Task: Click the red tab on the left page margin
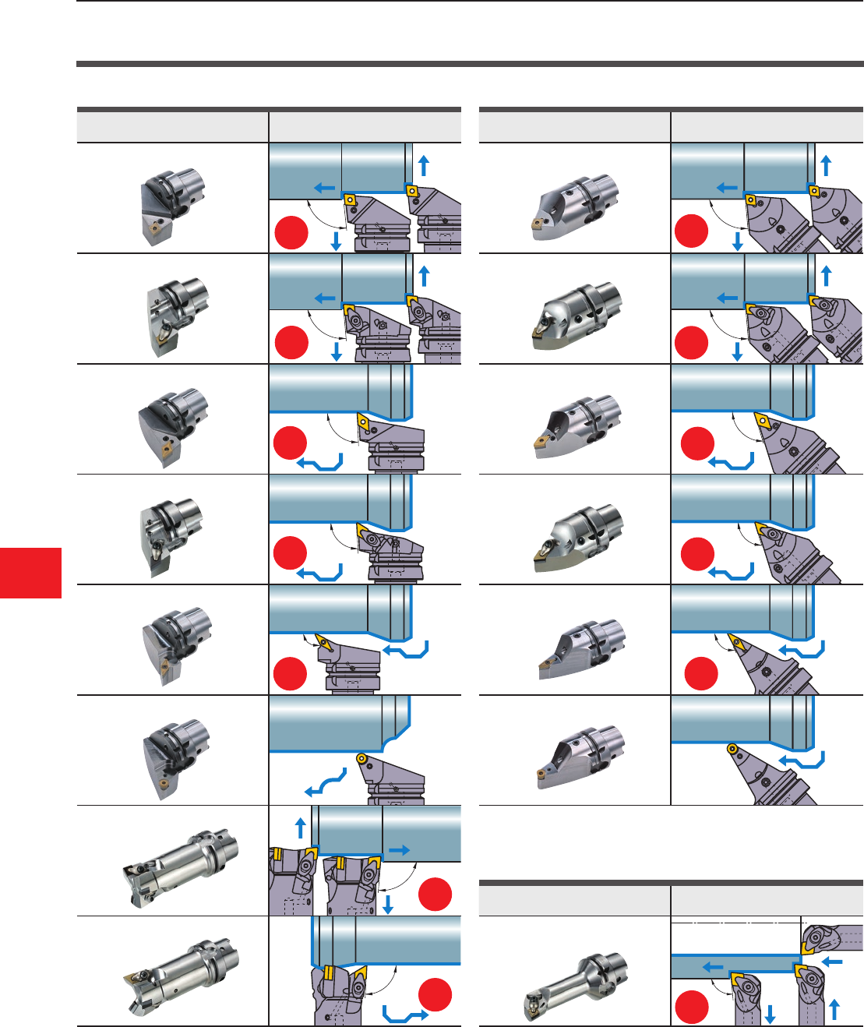[30, 573]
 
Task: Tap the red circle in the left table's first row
[291, 233]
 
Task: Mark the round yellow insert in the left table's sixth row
[361, 757]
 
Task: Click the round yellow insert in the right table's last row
[732, 749]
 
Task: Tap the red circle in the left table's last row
[435, 994]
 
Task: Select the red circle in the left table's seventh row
[435, 894]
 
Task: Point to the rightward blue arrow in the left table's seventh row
[400, 851]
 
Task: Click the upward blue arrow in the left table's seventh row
[301, 827]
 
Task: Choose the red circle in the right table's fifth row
[700, 673]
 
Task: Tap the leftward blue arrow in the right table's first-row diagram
[726, 188]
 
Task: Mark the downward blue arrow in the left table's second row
[337, 352]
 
